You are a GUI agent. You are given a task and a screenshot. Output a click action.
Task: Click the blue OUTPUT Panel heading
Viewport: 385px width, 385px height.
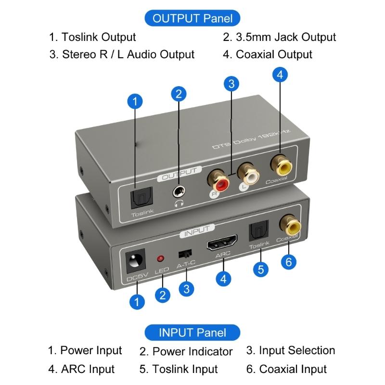(x=192, y=19)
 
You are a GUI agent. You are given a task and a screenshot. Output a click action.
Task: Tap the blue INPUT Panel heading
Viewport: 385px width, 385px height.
(x=192, y=332)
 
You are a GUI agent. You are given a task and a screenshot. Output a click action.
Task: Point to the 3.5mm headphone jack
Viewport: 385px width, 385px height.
(x=180, y=192)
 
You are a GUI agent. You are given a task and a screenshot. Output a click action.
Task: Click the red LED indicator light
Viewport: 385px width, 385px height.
(x=160, y=259)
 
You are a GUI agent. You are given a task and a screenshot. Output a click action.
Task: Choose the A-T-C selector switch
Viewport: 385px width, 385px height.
(x=183, y=254)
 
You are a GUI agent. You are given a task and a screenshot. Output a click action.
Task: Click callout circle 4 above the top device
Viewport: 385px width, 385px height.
(x=280, y=75)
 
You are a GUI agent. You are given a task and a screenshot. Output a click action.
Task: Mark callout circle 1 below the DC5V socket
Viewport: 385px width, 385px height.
(x=137, y=302)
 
